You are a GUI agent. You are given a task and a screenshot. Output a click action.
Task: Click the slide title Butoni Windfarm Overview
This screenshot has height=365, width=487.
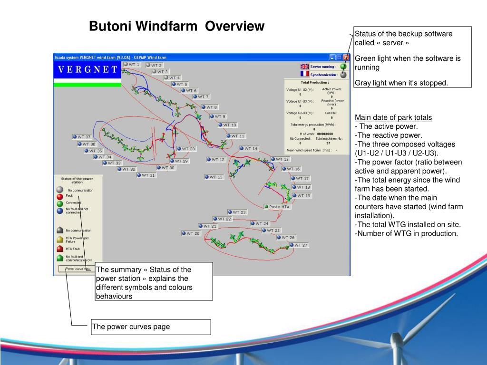point(176,26)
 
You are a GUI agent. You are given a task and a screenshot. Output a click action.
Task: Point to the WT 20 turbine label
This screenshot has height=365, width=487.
point(191,233)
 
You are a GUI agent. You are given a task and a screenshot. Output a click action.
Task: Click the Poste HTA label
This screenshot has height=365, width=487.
point(277,207)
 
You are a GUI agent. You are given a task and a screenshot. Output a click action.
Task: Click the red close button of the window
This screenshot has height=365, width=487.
point(346,57)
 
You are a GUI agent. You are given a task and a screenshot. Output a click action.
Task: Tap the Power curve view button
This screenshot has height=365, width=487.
point(78,269)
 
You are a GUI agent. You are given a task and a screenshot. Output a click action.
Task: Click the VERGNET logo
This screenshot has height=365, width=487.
point(88,70)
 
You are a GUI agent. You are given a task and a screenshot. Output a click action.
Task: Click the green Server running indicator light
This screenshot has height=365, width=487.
point(343,67)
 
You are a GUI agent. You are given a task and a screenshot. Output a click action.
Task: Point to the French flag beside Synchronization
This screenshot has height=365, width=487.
point(304,74)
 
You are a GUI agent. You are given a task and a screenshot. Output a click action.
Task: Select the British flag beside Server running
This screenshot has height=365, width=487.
point(304,67)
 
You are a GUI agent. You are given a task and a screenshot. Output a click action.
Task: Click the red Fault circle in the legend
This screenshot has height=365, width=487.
point(59,196)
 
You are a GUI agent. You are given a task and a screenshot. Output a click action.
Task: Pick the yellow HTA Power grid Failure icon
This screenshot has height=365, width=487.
point(59,239)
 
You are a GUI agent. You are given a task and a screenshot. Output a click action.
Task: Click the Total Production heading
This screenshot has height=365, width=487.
point(315,82)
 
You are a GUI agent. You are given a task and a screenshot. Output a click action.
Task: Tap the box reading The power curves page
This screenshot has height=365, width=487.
point(151,327)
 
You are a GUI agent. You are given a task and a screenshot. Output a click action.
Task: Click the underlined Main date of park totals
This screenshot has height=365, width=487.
point(393,117)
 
